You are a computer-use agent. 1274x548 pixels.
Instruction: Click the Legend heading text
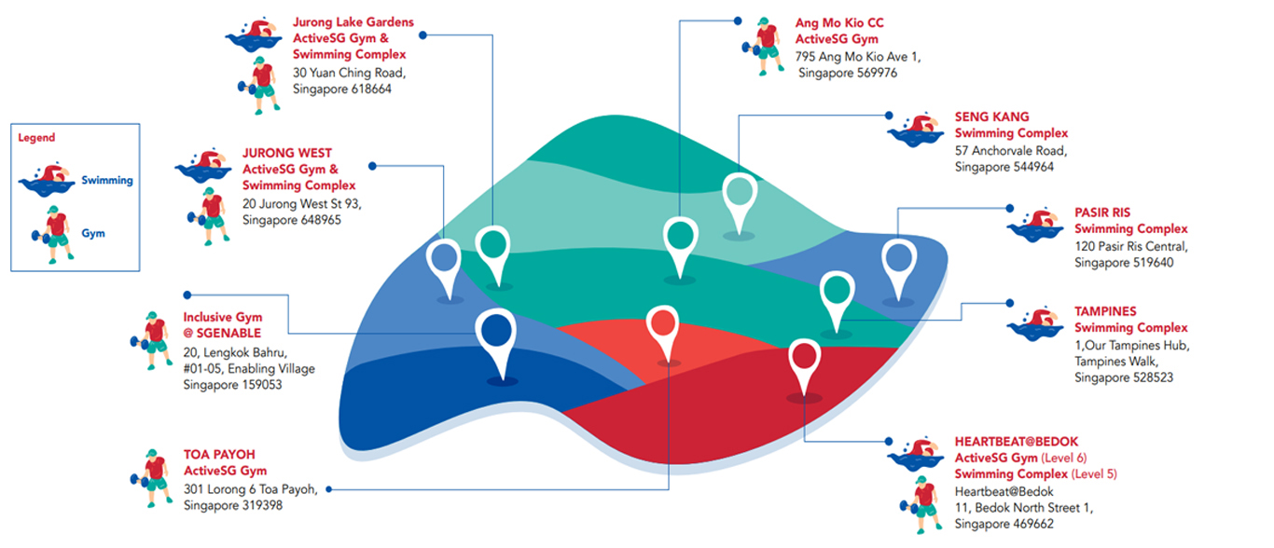[x=36, y=138]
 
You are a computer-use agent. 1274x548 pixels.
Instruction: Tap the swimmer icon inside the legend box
[x=48, y=179]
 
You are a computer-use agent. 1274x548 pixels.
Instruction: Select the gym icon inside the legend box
[x=54, y=234]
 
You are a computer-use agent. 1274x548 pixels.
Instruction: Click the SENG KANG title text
[x=991, y=116]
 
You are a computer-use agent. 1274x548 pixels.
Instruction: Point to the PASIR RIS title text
[x=1101, y=212]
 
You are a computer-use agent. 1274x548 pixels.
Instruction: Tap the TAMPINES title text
[x=1105, y=311]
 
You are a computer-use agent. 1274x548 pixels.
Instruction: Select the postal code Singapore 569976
[x=848, y=73]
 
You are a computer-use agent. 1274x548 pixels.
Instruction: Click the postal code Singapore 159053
[x=232, y=385]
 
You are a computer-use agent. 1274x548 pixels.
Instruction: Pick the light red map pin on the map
[x=662, y=325]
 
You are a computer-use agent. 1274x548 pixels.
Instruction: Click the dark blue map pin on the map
[x=497, y=332]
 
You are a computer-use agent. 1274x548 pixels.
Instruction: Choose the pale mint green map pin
[x=740, y=193]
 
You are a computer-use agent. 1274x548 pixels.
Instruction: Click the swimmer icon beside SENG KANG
[x=916, y=130]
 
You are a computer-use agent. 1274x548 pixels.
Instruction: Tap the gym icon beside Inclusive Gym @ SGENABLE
[x=154, y=339]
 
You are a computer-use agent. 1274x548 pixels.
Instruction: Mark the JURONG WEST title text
[x=286, y=153]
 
